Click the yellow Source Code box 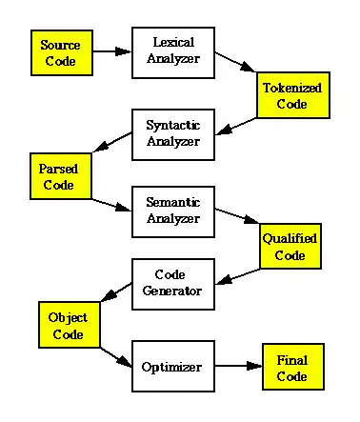pos(62,52)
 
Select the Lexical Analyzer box pos(173,52)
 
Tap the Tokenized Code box pos(293,95)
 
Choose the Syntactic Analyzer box pos(173,134)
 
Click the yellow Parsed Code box pos(61,176)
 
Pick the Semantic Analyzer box pos(173,211)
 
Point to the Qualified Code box pos(290,246)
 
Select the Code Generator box pos(173,284)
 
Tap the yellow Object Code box pos(70,325)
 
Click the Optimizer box pos(173,366)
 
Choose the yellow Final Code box pos(293,367)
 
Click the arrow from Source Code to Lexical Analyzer pos(112,51)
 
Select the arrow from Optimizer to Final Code pos(238,366)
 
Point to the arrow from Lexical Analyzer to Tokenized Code pos(235,62)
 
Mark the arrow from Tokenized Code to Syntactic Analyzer pos(236,127)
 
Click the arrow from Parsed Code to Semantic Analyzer pos(111,205)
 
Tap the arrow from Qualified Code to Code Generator pos(237,276)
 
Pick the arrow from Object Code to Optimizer pos(116,357)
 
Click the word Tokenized pos(292,88)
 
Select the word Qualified pos(290,239)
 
